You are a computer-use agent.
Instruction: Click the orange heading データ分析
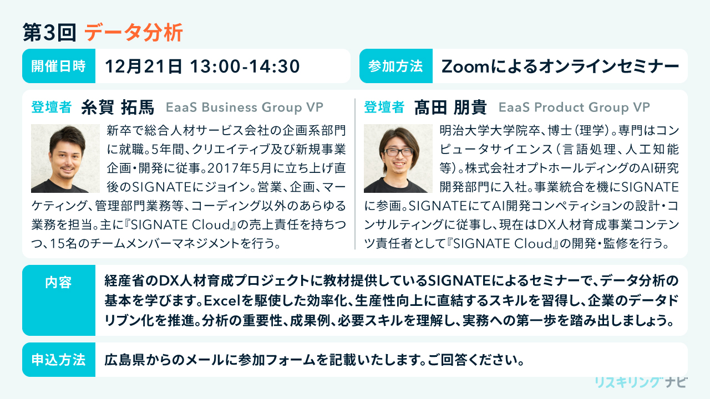[134, 33]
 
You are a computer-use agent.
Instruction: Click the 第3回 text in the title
[49, 33]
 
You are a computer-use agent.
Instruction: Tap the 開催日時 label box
[59, 66]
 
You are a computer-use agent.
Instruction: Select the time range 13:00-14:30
[245, 66]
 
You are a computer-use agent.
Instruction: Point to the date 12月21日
[144, 66]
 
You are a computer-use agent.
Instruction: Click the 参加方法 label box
[396, 66]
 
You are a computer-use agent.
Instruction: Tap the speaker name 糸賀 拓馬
[118, 107]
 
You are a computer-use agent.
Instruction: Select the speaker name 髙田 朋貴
[450, 107]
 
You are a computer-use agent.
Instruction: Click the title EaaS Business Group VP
[245, 108]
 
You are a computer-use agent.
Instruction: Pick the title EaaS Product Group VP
[574, 108]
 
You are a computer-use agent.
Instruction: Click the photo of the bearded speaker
[65, 158]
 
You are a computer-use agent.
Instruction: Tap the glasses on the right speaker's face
[398, 152]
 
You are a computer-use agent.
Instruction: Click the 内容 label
[58, 282]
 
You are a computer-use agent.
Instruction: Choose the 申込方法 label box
[59, 360]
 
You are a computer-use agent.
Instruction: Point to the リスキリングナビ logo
[641, 382]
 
